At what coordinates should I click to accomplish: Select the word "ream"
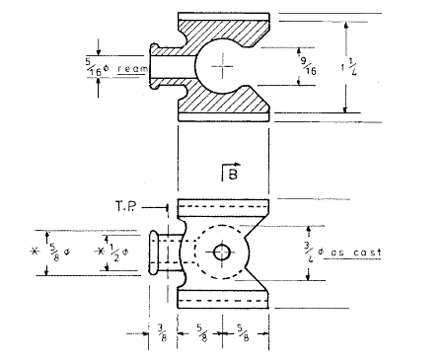(x=131, y=68)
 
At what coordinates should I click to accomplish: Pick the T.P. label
(x=129, y=207)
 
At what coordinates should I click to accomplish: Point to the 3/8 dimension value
(x=161, y=336)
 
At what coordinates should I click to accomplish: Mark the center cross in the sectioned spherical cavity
(x=226, y=67)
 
